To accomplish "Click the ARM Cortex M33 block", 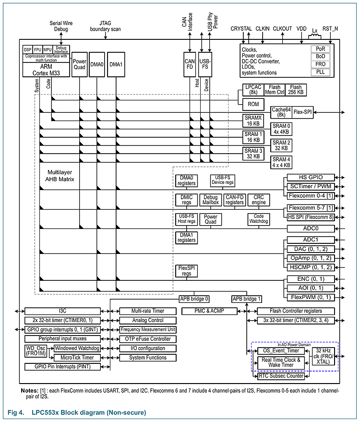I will click(46, 69).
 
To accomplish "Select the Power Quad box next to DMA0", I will click(79, 64).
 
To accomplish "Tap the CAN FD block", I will click(190, 64).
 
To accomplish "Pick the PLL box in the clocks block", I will click(320, 72).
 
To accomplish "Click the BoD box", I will click(320, 57).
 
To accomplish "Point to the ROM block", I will click(253, 104).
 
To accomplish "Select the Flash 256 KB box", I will click(296, 90).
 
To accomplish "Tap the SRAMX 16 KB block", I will click(253, 120).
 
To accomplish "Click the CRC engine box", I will click(259, 200).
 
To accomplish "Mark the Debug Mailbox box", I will click(210, 200).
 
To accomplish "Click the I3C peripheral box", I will click(62, 311).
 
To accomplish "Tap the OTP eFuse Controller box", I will click(148, 339).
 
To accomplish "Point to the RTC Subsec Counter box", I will click(281, 376).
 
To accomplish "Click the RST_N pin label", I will click(330, 29).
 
